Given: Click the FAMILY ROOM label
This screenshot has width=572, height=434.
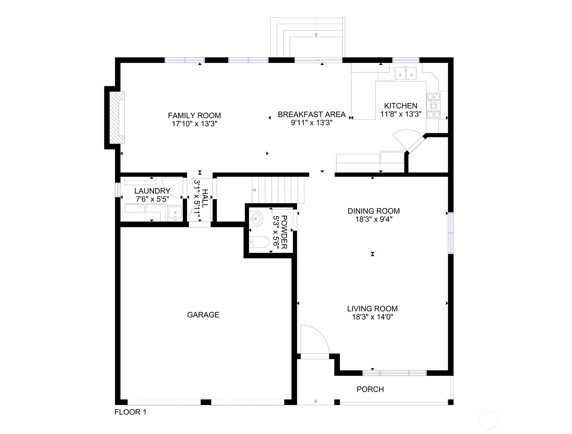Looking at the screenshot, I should tap(194, 116).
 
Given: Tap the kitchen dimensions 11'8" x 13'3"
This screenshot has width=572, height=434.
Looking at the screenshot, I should tap(401, 114).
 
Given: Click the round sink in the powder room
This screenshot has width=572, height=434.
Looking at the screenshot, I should tap(256, 218).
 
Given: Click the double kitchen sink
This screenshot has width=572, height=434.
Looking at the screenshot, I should tap(406, 73).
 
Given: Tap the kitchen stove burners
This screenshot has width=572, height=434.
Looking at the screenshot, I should tap(433, 105).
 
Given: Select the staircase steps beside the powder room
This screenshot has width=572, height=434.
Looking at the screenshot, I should tap(279, 190).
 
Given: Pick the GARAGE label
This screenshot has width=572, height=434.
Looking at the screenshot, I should tap(203, 315).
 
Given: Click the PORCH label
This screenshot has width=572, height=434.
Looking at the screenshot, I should tap(370, 389).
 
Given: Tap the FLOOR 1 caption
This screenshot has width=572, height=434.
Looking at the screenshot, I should tap(130, 412).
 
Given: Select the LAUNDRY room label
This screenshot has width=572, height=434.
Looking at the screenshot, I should tap(152, 191).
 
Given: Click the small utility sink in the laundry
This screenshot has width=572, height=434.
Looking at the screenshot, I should tap(175, 213).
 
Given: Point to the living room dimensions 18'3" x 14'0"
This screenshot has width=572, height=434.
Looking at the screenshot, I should tap(372, 317).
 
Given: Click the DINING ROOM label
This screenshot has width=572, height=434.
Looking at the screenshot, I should tap(373, 211).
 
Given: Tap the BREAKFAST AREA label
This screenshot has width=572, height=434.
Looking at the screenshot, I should tap(312, 114).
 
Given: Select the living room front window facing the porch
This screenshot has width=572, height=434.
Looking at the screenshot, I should tap(394, 373).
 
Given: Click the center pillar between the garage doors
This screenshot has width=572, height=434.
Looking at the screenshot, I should tap(205, 402).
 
